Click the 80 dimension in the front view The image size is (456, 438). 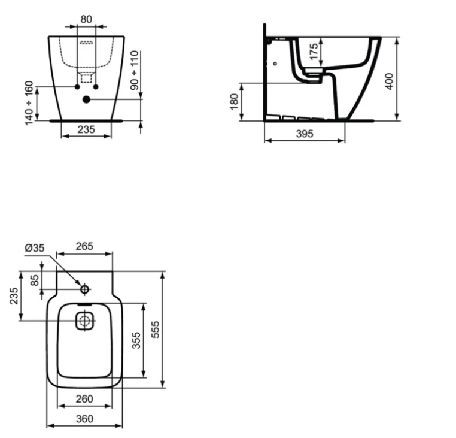pos(86,19)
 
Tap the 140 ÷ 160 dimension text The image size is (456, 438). pos(29,102)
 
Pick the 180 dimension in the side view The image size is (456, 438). pos(235,102)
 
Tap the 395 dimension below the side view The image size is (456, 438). pos(305,134)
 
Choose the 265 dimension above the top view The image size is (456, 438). pos(84,246)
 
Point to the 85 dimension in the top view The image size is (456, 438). pos(34,279)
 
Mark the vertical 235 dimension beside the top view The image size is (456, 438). pos(13,296)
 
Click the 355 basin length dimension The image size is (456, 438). pos(136,341)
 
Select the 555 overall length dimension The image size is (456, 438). pos(155,329)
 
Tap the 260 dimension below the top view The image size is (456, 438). pos(85,399)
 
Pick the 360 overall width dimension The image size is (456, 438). pos(85,419)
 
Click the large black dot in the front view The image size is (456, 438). pos(86,99)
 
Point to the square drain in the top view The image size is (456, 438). pos(85,321)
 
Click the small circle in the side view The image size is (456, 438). pos(275,63)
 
